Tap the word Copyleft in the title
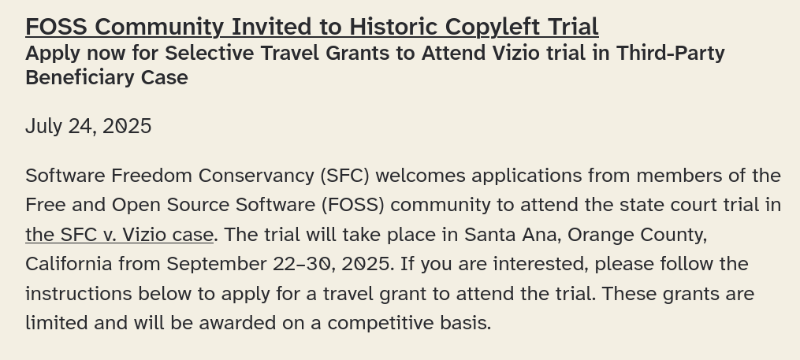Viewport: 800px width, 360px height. (493, 28)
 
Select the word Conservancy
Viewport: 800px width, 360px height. (257, 176)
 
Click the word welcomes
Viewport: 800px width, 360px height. (420, 176)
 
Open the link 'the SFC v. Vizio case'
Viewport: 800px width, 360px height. (119, 235)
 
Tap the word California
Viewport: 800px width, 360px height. (69, 264)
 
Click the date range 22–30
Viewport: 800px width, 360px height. (302, 264)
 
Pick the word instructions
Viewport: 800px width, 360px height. (79, 294)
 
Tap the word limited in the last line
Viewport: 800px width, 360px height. (57, 323)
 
